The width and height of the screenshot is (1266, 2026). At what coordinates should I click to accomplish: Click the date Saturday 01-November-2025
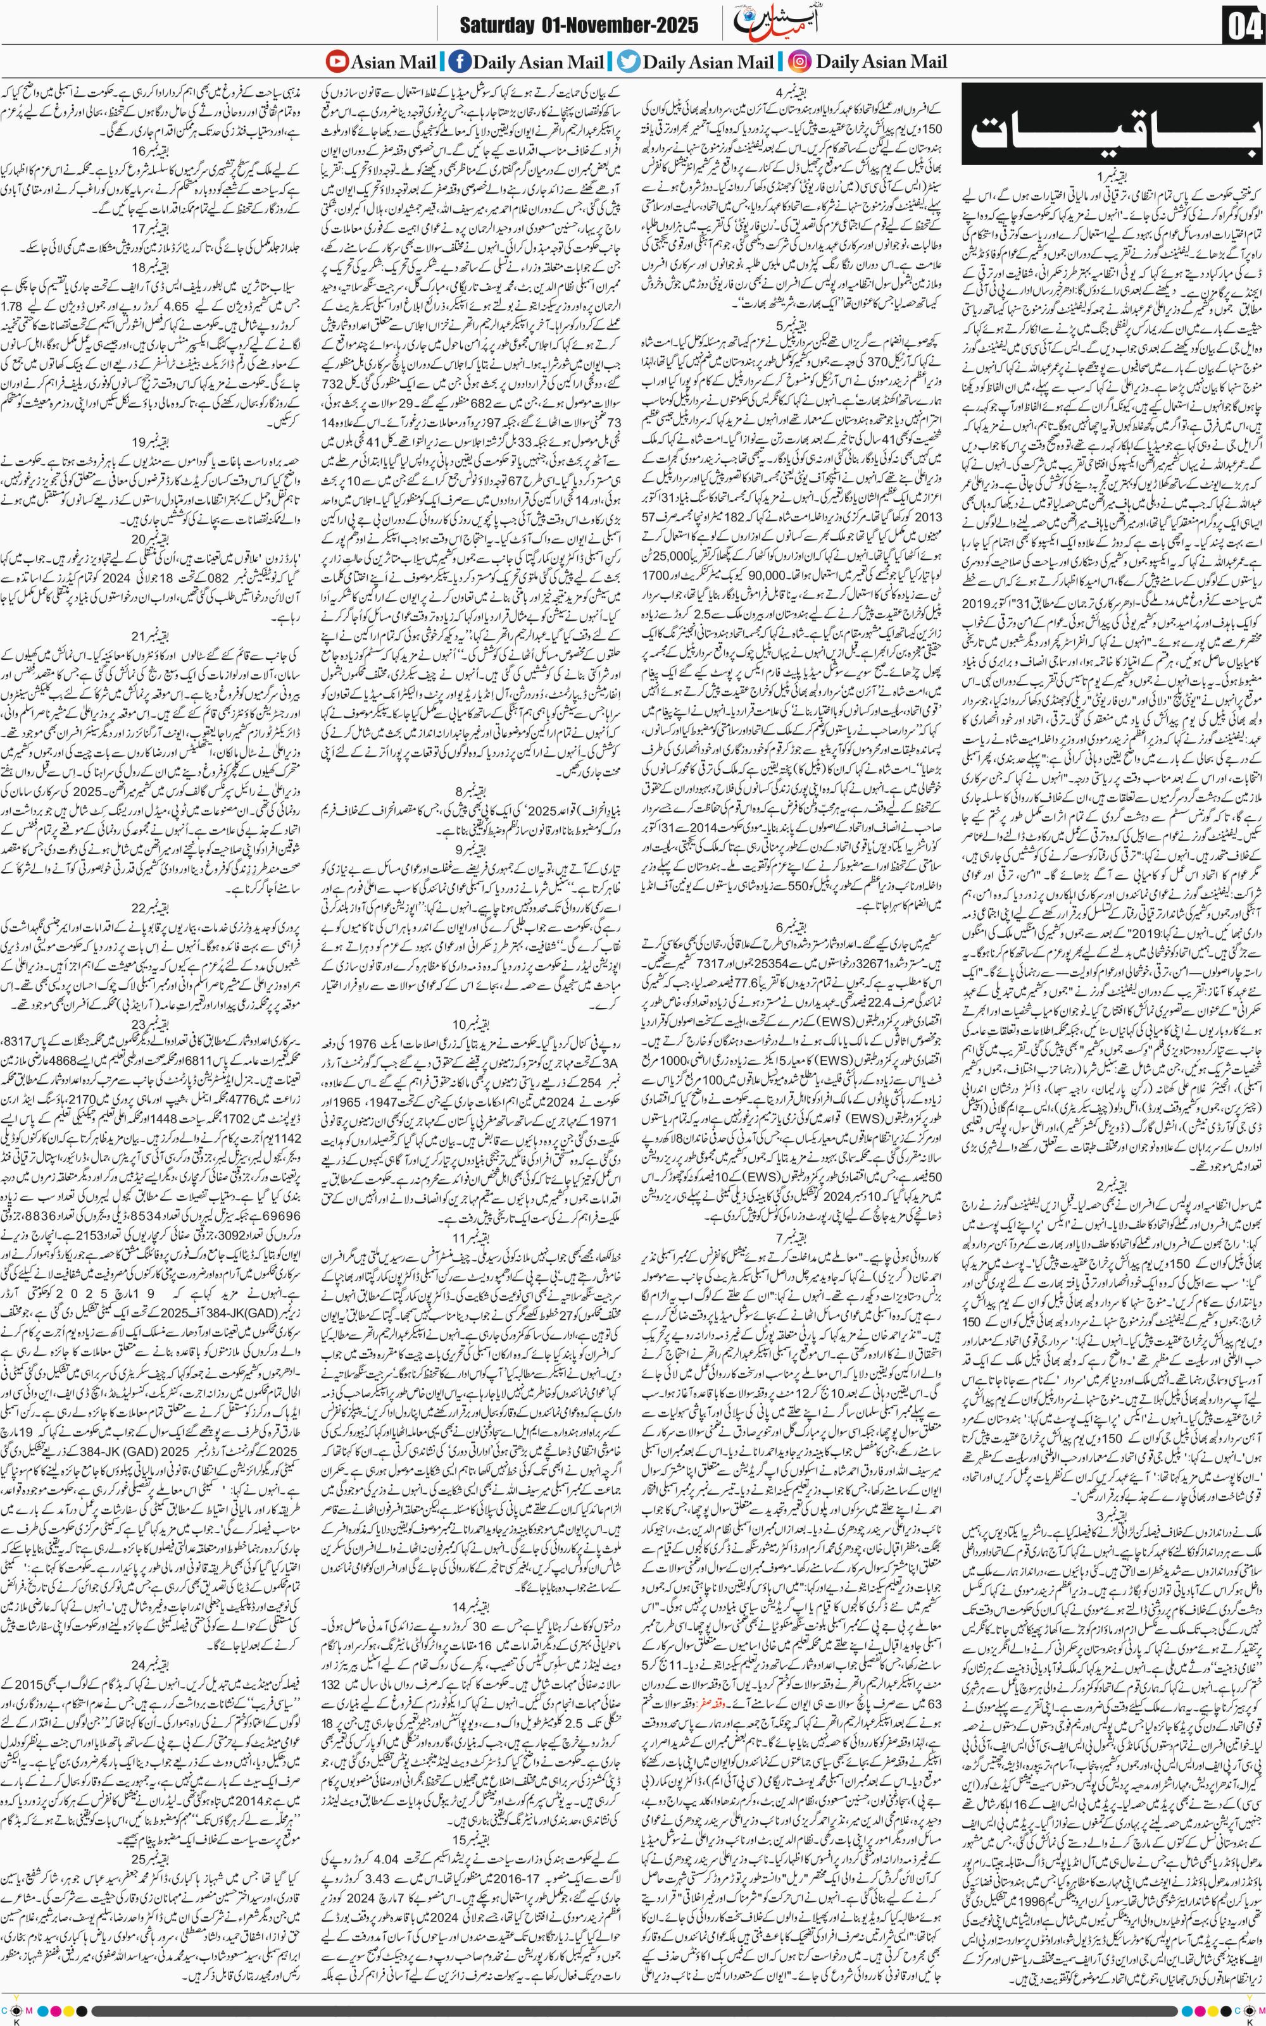tap(578, 26)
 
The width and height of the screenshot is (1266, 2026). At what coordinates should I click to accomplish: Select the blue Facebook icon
tap(459, 61)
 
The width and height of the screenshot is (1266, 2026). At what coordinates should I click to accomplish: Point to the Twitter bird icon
tap(628, 61)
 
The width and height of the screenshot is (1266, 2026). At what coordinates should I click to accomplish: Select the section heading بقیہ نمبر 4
tap(791, 91)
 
